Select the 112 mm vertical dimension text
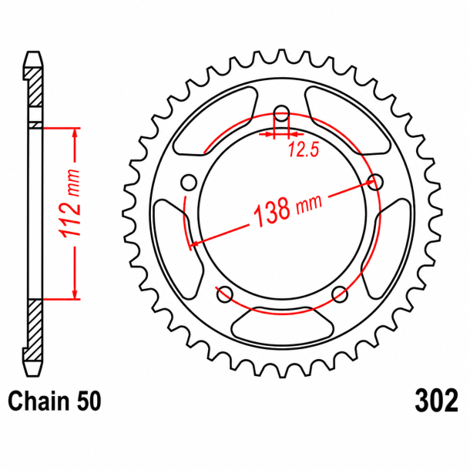tap(70, 203)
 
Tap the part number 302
tap(436, 401)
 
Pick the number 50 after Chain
tap(89, 401)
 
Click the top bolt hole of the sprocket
tap(281, 113)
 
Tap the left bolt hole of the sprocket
tap(189, 183)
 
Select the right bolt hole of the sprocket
tap(375, 182)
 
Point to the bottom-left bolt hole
tap(224, 294)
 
